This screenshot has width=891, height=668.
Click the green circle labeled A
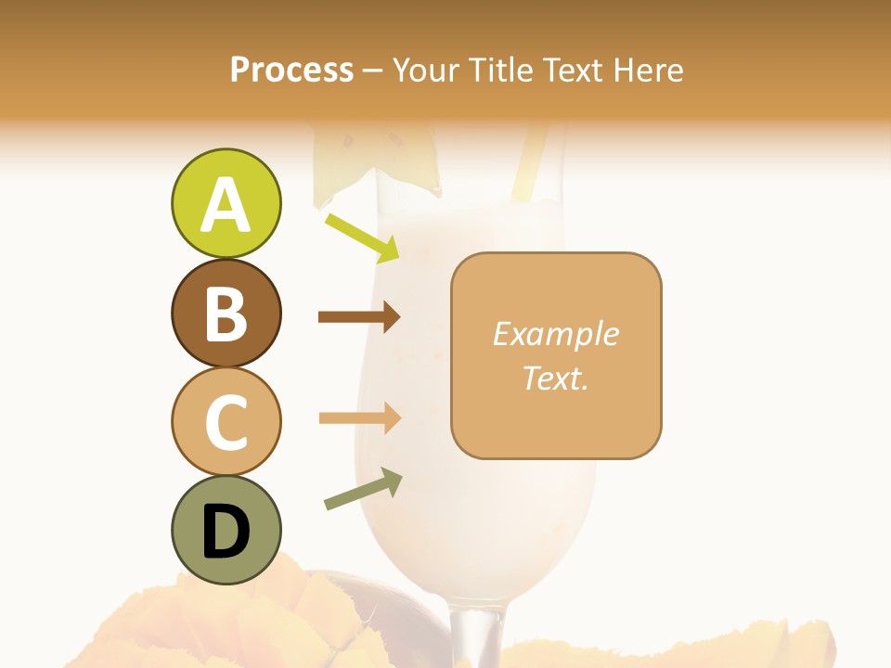[x=226, y=203]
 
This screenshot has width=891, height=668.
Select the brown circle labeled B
[x=226, y=313]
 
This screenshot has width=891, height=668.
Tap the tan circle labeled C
[x=226, y=421]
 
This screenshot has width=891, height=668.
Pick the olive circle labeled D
[x=226, y=530]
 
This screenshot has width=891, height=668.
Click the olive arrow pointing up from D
[x=363, y=489]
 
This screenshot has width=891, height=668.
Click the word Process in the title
[x=291, y=70]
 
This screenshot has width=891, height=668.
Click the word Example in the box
[x=555, y=334]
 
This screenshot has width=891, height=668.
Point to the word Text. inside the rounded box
[x=555, y=378]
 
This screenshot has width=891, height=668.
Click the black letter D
[x=226, y=533]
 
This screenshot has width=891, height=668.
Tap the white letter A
[x=226, y=205]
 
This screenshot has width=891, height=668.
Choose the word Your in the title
[x=426, y=70]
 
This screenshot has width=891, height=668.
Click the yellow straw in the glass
[x=529, y=162]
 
